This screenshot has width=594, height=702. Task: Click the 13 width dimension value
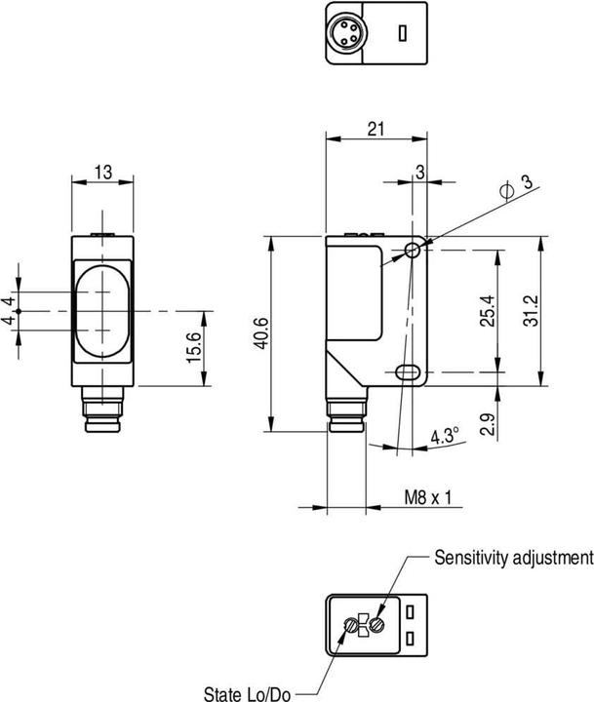click(x=102, y=173)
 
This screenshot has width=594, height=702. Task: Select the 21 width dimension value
click(x=375, y=127)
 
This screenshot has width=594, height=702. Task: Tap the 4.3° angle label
click(x=445, y=438)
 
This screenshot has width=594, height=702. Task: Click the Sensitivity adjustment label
click(x=513, y=558)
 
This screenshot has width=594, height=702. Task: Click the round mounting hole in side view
click(x=413, y=251)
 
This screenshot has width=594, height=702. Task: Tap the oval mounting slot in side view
click(x=407, y=371)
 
